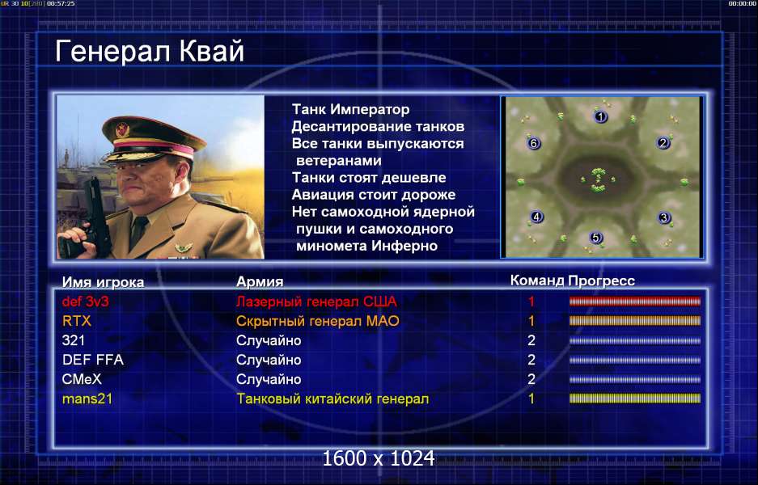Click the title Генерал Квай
pos(150,52)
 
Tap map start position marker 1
pos(600,116)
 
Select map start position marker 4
pos(536,217)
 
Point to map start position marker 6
pos(534,143)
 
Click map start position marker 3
pos(663,218)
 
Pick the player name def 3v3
pos(86,302)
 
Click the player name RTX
pos(77,321)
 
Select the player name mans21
pos(87,399)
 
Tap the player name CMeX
pos(82,379)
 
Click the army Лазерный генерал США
pos(316,302)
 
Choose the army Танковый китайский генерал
pos(332,399)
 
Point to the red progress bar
pos(635,302)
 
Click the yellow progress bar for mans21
pos(635,399)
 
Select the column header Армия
pos(260,281)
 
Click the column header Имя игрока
pos(103,282)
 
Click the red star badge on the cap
pos(123,129)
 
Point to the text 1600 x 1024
pos(379,458)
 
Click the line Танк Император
pos(350,110)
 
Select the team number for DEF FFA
pos(531,360)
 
